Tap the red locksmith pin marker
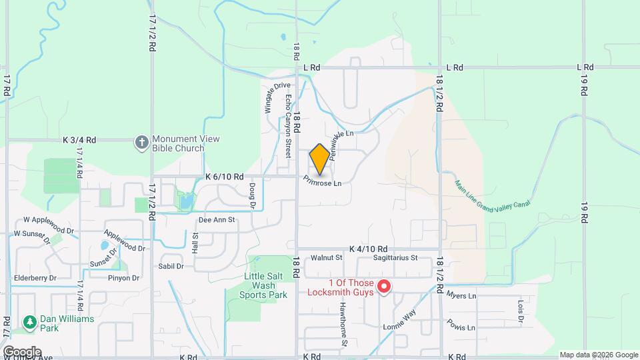point(384,287)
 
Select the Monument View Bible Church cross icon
point(141,142)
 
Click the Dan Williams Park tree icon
point(29,323)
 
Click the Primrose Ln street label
point(322,181)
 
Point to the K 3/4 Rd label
point(79,140)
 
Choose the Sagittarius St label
point(395,257)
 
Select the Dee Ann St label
point(217,219)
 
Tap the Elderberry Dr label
point(35,277)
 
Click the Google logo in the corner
point(21,351)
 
